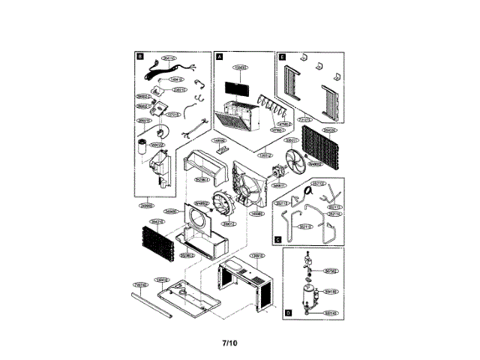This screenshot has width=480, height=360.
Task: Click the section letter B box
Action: pos(140,56)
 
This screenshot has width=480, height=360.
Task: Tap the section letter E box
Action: pos(282,56)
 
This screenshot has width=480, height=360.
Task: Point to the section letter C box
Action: pos(278,240)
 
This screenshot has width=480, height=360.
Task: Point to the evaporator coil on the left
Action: pos(155,241)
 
